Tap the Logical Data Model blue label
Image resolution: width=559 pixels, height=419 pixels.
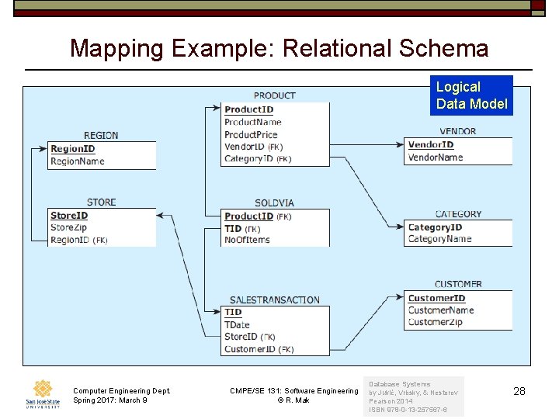pos(471,95)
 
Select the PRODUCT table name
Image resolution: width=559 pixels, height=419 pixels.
pos(274,95)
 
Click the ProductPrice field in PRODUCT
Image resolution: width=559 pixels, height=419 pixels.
pos(251,134)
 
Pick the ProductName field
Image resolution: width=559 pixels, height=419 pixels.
pos(252,122)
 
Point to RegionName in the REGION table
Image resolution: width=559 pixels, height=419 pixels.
pos(77,161)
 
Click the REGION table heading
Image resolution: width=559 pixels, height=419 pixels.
pos(101,135)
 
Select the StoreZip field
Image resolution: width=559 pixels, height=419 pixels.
pos(69,227)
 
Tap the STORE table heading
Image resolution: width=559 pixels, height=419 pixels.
pos(101,202)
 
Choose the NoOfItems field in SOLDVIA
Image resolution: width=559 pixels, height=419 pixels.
pos(246,241)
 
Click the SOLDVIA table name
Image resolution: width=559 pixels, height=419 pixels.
pos(274,203)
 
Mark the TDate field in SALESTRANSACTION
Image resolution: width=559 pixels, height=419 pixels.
pos(237,324)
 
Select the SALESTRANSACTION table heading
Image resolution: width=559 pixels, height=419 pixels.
pos(274,300)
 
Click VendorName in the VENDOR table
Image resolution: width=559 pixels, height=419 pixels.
pos(435,157)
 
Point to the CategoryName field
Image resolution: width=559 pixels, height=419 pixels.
pos(439,239)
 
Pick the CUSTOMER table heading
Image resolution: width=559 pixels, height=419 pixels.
pos(458,285)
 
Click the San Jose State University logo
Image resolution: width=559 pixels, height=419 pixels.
pos(42,394)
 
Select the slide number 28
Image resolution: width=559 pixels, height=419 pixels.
pos(519,392)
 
